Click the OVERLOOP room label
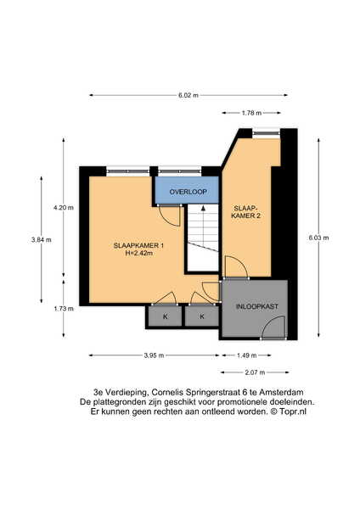[x=188, y=192]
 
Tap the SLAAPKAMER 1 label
[x=138, y=246]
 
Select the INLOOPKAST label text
[x=257, y=306]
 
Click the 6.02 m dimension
[x=188, y=95]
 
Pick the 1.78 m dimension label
[x=251, y=113]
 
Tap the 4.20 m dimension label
[x=64, y=208]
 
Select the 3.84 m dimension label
[x=42, y=240]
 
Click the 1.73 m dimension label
[x=64, y=309]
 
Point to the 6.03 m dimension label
[x=318, y=238]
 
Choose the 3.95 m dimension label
[x=154, y=355]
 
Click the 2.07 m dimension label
[x=255, y=372]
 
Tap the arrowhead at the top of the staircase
[x=203, y=208]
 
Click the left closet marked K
[x=166, y=316]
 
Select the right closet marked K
[x=202, y=316]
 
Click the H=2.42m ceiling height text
[x=138, y=253]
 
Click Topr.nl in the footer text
[x=293, y=411]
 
